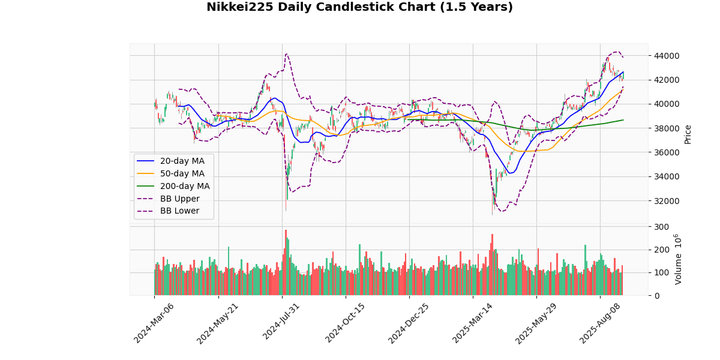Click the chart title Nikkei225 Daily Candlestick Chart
pyautogui.click(x=359, y=7)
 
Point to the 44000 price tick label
pyautogui.click(x=667, y=56)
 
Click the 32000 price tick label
pyautogui.click(x=667, y=200)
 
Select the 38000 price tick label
pyautogui.click(x=667, y=128)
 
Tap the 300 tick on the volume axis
pyautogui.click(x=661, y=227)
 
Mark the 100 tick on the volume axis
pyautogui.click(x=661, y=272)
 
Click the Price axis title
pyautogui.click(x=688, y=134)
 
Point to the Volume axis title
pyautogui.click(x=678, y=259)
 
